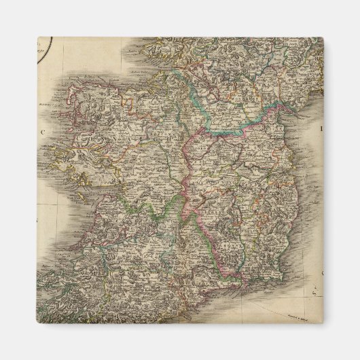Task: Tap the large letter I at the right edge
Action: click(x=322, y=127)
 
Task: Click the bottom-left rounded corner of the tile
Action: click(x=39, y=322)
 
